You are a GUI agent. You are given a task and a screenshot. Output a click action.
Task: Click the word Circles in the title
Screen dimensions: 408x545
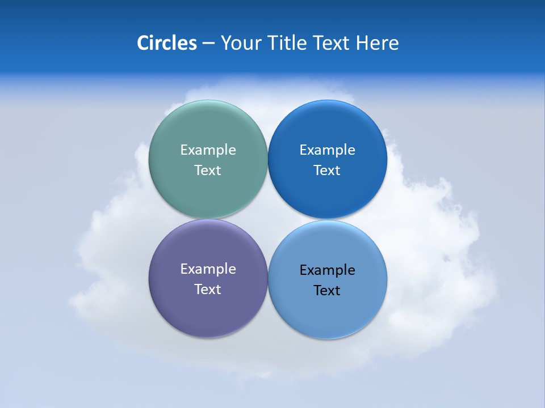coord(166,43)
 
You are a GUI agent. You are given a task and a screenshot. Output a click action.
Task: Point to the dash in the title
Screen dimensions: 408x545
coord(208,44)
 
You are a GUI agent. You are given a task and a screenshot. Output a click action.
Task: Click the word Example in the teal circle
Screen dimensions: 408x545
coord(208,150)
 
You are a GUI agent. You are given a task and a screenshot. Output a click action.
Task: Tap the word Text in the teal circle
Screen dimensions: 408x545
coord(208,171)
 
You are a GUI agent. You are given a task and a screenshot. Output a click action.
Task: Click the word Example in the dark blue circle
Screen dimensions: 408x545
coord(327,150)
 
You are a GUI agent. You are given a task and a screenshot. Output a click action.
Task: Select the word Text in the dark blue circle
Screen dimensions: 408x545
coord(327,171)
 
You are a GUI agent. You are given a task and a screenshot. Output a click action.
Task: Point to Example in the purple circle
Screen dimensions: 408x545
coord(208,269)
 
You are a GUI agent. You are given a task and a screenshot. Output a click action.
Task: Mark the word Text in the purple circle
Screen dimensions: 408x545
coord(208,290)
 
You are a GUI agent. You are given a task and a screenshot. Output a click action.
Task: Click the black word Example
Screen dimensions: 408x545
coord(327,270)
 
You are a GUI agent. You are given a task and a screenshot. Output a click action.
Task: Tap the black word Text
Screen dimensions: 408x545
coord(327,291)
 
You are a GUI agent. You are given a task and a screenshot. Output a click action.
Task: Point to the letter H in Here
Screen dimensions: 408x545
coord(362,43)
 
